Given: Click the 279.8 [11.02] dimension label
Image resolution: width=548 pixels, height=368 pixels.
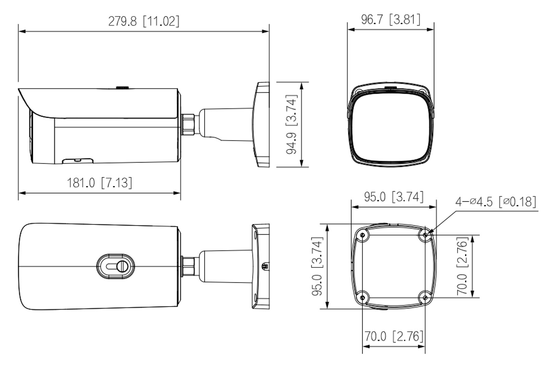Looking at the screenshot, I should point(144,21).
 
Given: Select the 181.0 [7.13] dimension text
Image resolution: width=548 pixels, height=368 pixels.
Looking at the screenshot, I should point(99,183).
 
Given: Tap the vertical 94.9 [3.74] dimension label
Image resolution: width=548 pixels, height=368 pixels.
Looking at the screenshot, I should point(291,124).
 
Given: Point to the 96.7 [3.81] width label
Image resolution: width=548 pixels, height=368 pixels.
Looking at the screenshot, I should point(390,19).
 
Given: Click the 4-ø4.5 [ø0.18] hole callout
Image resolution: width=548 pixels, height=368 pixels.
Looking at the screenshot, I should point(495,202).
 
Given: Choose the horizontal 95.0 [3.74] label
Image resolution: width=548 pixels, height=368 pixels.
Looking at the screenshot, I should point(394,197).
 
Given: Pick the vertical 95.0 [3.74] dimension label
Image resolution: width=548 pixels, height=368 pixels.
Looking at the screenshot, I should point(317,266).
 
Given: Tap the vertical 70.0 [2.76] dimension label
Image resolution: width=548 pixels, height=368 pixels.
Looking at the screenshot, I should point(462,266).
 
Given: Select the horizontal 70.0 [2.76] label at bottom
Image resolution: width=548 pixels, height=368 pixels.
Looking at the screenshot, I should point(394,336).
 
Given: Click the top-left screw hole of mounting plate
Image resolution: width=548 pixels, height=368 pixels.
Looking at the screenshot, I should point(362,235).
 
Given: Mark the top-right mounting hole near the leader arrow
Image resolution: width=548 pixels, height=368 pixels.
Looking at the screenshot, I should point(425,235).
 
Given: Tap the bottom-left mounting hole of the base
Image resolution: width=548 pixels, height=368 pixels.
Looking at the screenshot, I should point(362,298).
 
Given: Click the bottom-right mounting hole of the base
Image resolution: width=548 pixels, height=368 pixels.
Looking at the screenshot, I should point(425,298).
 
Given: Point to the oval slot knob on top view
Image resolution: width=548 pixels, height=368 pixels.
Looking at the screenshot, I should point(116,266).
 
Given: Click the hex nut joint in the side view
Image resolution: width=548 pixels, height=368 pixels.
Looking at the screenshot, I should point(188,124).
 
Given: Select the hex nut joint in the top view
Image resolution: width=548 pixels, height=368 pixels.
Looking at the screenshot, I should point(188,266).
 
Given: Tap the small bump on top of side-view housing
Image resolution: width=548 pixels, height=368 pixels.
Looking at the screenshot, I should point(122,87).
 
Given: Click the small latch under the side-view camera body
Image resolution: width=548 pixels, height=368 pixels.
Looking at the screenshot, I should point(77,160).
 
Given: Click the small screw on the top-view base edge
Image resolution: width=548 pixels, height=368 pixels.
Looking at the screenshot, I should point(265,266).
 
